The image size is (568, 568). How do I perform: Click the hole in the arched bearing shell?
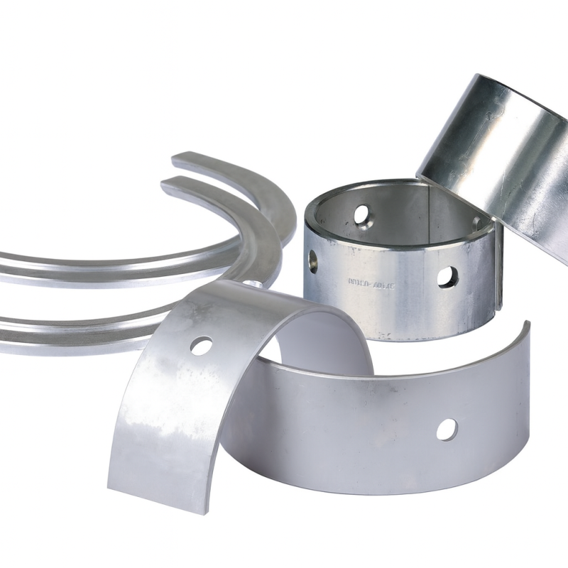(x=202, y=346)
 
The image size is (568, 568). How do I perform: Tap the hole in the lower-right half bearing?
(x=447, y=428)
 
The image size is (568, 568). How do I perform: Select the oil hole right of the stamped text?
(x=447, y=277)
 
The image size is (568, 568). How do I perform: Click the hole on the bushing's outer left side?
(x=313, y=261)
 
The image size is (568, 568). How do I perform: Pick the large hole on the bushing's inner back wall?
(x=362, y=213)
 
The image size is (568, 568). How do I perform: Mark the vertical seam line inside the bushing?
(x=428, y=206)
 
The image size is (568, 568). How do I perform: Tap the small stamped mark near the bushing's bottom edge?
(x=384, y=332)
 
